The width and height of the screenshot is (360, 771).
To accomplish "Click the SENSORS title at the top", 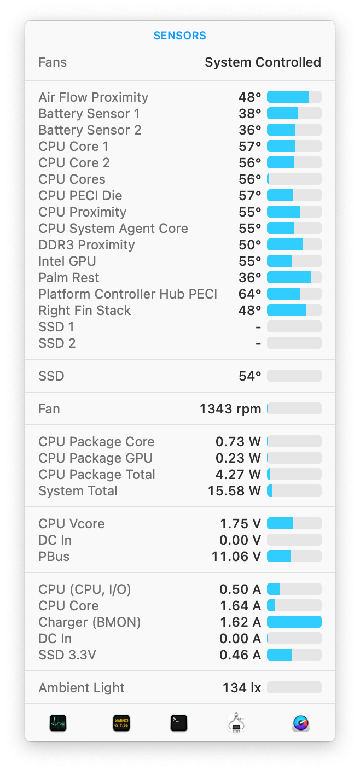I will point(179,36).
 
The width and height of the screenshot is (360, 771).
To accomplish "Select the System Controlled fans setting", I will point(263,62).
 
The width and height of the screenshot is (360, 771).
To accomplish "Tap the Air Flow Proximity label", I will point(93,97).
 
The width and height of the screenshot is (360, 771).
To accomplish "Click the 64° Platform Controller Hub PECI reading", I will point(249,294).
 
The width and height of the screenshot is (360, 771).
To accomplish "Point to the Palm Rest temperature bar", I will point(294,278).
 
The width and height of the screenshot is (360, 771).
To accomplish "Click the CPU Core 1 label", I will point(73,147).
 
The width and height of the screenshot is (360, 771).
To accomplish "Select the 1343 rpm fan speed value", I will point(230,409).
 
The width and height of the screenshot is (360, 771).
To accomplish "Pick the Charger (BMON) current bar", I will point(294,622).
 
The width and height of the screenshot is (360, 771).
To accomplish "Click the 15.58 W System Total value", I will point(234,491).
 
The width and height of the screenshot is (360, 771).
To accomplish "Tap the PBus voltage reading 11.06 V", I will point(236,557).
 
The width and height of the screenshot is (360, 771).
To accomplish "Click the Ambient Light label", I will point(82,688).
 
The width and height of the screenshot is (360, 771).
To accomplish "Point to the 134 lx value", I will point(241,688).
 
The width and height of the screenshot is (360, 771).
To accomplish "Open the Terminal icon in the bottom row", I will point(179,723).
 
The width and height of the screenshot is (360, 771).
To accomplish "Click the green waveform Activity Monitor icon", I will point(58,723).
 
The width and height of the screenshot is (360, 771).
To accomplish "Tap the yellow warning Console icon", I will point(121,723).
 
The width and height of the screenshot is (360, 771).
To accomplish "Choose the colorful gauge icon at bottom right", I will point(301,723).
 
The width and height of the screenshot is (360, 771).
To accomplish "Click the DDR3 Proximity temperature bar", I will point(294,245).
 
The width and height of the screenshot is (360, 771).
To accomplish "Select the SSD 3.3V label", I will point(67,655).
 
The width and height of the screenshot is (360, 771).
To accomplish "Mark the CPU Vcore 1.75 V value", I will point(240,524).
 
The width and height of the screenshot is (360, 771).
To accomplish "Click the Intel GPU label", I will point(67,261).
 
